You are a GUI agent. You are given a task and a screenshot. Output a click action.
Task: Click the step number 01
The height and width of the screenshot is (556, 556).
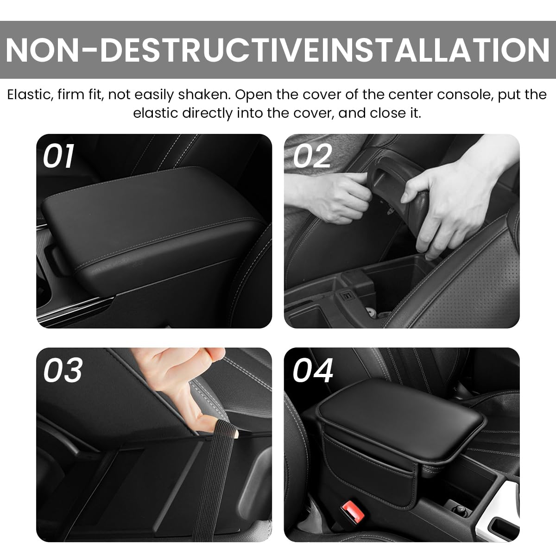(x=58, y=156)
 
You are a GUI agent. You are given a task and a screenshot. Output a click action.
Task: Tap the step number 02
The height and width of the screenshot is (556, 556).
(x=312, y=156)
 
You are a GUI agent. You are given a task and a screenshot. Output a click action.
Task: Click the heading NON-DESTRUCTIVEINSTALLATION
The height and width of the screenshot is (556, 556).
(x=278, y=50)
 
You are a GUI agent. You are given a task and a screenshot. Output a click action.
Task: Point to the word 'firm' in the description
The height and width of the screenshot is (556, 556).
(x=74, y=95)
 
